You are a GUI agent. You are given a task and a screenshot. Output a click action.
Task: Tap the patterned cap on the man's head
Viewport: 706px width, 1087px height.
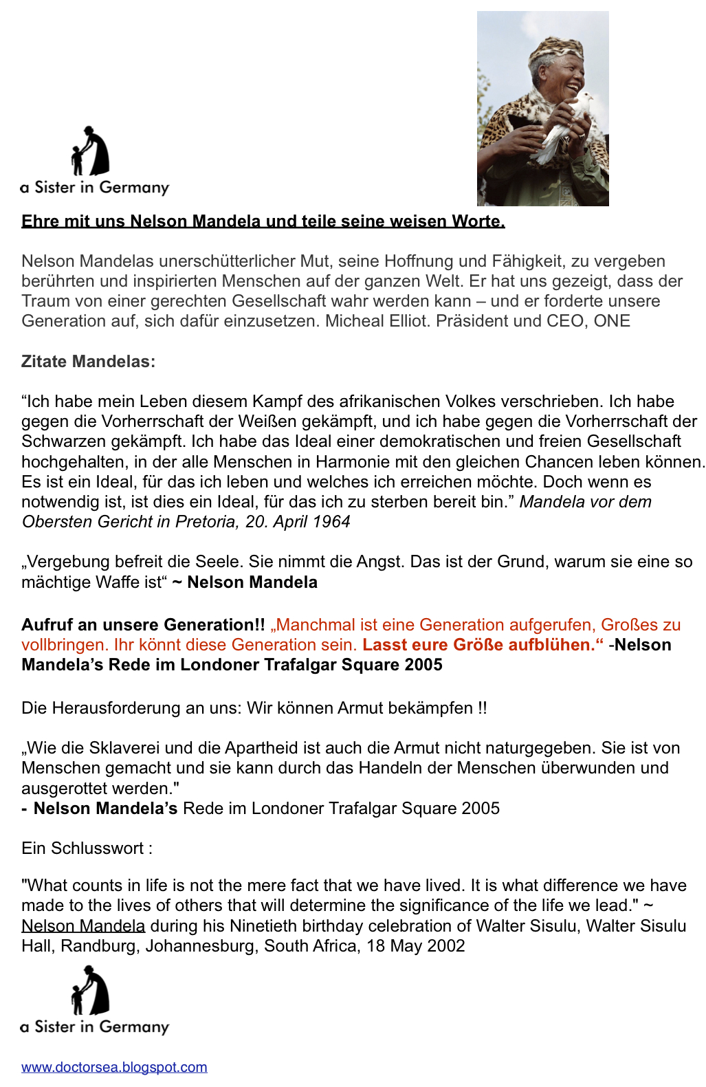555,50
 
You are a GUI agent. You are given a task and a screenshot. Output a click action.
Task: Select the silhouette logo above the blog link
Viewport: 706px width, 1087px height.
91,991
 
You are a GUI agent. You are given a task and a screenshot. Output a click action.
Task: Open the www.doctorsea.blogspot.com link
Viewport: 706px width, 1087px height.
114,1067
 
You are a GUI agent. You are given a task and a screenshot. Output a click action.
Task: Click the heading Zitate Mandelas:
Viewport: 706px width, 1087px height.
88,362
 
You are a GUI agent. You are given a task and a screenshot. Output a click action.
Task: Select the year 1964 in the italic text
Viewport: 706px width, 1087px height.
331,522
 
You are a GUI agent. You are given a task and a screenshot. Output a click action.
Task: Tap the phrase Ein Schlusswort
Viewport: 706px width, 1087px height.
82,848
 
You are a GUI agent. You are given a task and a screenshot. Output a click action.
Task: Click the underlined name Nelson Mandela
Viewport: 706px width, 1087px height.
83,926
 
